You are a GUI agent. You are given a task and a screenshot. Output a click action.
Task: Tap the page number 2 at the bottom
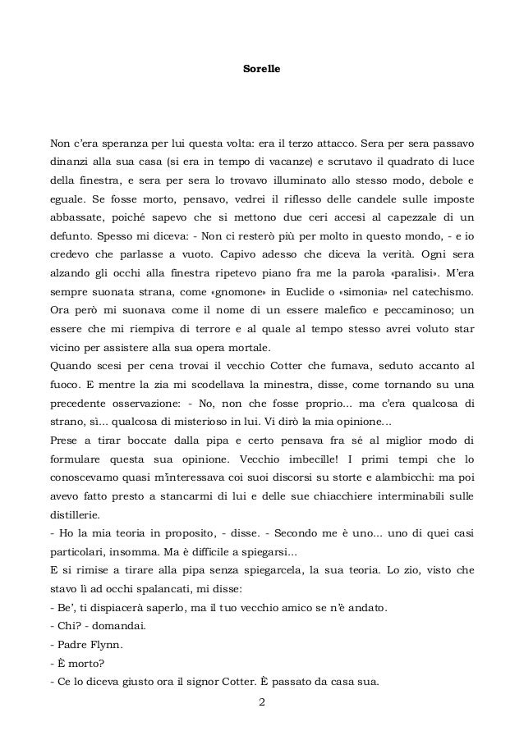point(262,701)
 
